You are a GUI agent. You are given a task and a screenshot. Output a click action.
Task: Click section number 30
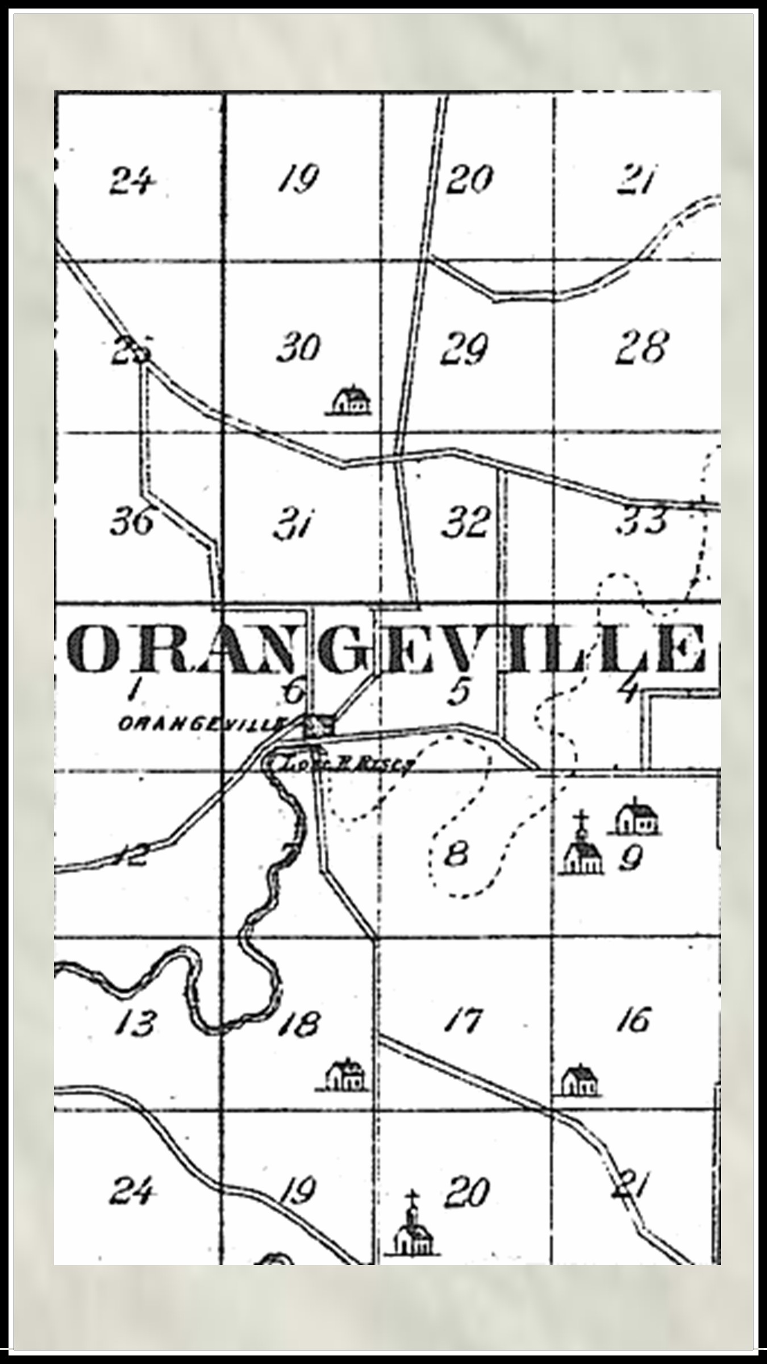[298, 347]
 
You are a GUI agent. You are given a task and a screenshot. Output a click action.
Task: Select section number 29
[464, 348]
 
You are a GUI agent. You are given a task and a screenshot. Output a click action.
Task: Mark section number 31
[294, 523]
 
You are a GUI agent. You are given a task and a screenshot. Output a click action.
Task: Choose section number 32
[465, 521]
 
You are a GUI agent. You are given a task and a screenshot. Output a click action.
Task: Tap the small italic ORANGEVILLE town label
[202, 724]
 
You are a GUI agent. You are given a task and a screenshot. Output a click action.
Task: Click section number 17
[464, 1020]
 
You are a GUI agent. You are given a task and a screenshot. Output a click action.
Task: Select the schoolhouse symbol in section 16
[580, 1080]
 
